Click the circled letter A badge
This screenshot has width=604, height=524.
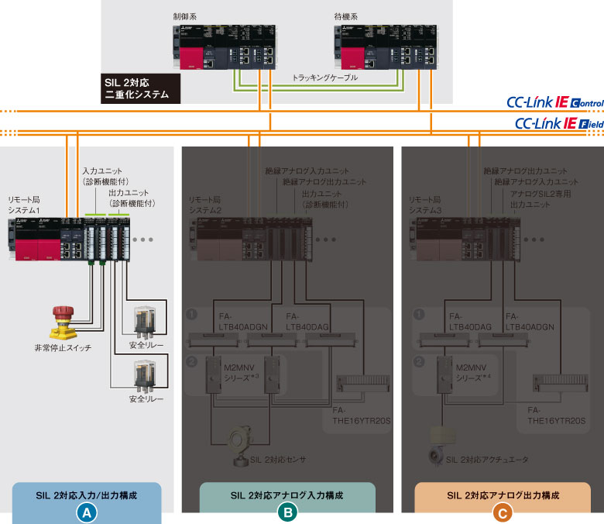(x=87, y=512)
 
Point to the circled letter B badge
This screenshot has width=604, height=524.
(x=287, y=512)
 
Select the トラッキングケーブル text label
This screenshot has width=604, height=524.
(x=325, y=78)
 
